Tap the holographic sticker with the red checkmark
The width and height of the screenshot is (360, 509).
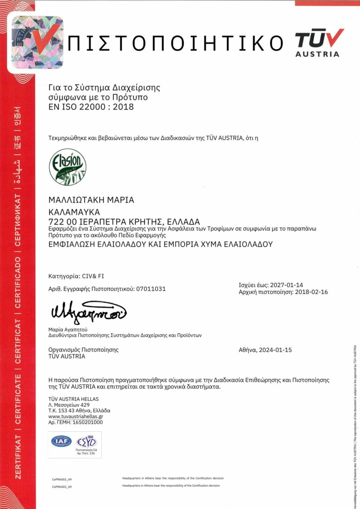[x=37, y=42]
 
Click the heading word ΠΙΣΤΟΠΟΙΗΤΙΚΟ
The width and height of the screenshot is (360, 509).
[x=175, y=44]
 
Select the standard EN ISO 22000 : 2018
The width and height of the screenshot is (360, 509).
[x=91, y=107]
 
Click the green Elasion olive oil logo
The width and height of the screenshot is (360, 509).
[x=67, y=167]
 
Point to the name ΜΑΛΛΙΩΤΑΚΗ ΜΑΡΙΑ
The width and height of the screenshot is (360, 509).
[x=91, y=200]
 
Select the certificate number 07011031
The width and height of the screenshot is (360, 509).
[x=151, y=289]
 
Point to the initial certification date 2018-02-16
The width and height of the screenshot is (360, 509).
[x=310, y=292]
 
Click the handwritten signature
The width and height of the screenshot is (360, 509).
[x=87, y=311]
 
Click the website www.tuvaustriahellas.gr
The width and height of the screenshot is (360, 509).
[x=75, y=416]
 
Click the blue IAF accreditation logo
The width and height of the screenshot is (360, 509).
[x=61, y=441]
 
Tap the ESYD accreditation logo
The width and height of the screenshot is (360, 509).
[x=86, y=442]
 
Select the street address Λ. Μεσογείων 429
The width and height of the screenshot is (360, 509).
[x=69, y=404]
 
